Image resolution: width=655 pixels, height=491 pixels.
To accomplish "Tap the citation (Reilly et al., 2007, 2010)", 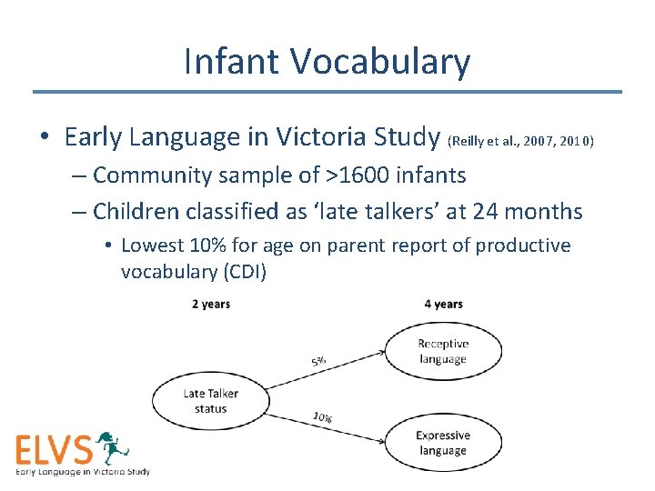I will click(521, 141).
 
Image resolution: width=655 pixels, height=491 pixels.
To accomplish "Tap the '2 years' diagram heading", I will click(210, 304).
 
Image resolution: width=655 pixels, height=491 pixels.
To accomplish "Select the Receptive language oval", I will click(443, 351).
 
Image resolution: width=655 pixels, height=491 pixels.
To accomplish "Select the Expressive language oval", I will click(443, 444).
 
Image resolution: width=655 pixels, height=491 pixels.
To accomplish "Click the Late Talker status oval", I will click(210, 401).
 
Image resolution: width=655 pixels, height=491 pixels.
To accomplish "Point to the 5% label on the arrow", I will click(319, 361).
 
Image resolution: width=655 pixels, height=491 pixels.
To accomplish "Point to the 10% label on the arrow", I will click(322, 417).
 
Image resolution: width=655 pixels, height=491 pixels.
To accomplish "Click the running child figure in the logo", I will click(113, 447).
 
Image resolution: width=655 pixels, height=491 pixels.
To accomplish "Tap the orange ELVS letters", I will click(55, 450).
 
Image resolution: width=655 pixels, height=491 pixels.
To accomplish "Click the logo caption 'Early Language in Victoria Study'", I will click(82, 471).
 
